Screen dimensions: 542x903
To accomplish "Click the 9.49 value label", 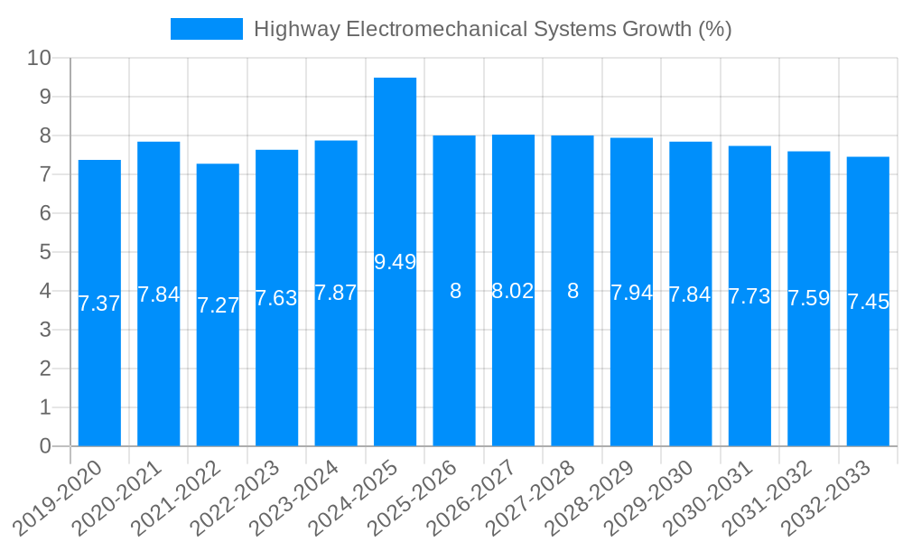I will click(395, 262).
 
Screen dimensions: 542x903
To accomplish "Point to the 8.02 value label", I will click(513, 291).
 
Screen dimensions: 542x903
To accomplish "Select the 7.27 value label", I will click(218, 305).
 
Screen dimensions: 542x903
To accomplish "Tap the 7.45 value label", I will click(868, 302).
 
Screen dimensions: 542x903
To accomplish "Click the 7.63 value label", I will click(276, 298).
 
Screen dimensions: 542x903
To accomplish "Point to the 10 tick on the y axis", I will click(39, 58).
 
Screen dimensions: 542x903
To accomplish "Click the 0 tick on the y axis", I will click(45, 446).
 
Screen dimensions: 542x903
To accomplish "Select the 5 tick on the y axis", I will click(45, 252).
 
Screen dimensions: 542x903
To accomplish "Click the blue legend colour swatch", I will click(206, 29).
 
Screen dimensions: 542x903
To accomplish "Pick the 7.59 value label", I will click(808, 298).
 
